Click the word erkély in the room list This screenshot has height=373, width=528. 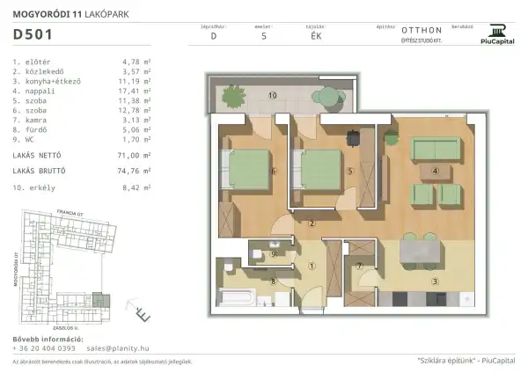[40, 187]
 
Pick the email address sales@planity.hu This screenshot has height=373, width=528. [126, 348]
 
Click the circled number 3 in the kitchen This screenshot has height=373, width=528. [434, 282]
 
